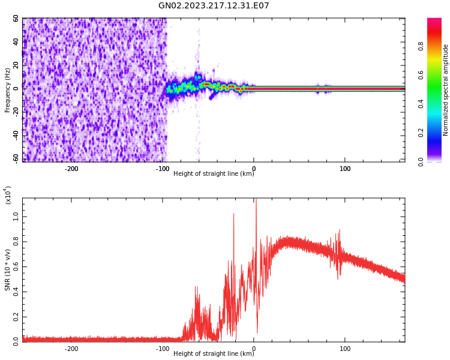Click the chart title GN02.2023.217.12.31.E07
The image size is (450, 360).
[214, 6]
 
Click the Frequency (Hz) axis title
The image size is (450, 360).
[8, 90]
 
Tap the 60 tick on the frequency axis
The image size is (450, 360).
[16, 19]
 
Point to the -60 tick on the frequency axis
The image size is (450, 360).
[14, 158]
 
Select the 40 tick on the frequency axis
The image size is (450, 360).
[16, 42]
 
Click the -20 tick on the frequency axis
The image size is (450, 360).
[14, 112]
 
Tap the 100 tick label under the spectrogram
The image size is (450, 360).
[345, 169]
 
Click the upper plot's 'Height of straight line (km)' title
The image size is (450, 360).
[214, 174]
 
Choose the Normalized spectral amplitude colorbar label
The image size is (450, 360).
[446, 90]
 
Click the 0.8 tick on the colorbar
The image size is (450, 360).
[438, 46]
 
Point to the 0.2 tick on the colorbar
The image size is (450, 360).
[438, 133]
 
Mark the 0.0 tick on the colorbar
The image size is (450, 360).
[438, 161]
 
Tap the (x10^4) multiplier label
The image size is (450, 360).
[8, 195]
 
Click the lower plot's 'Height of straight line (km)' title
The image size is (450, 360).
[214, 354]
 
